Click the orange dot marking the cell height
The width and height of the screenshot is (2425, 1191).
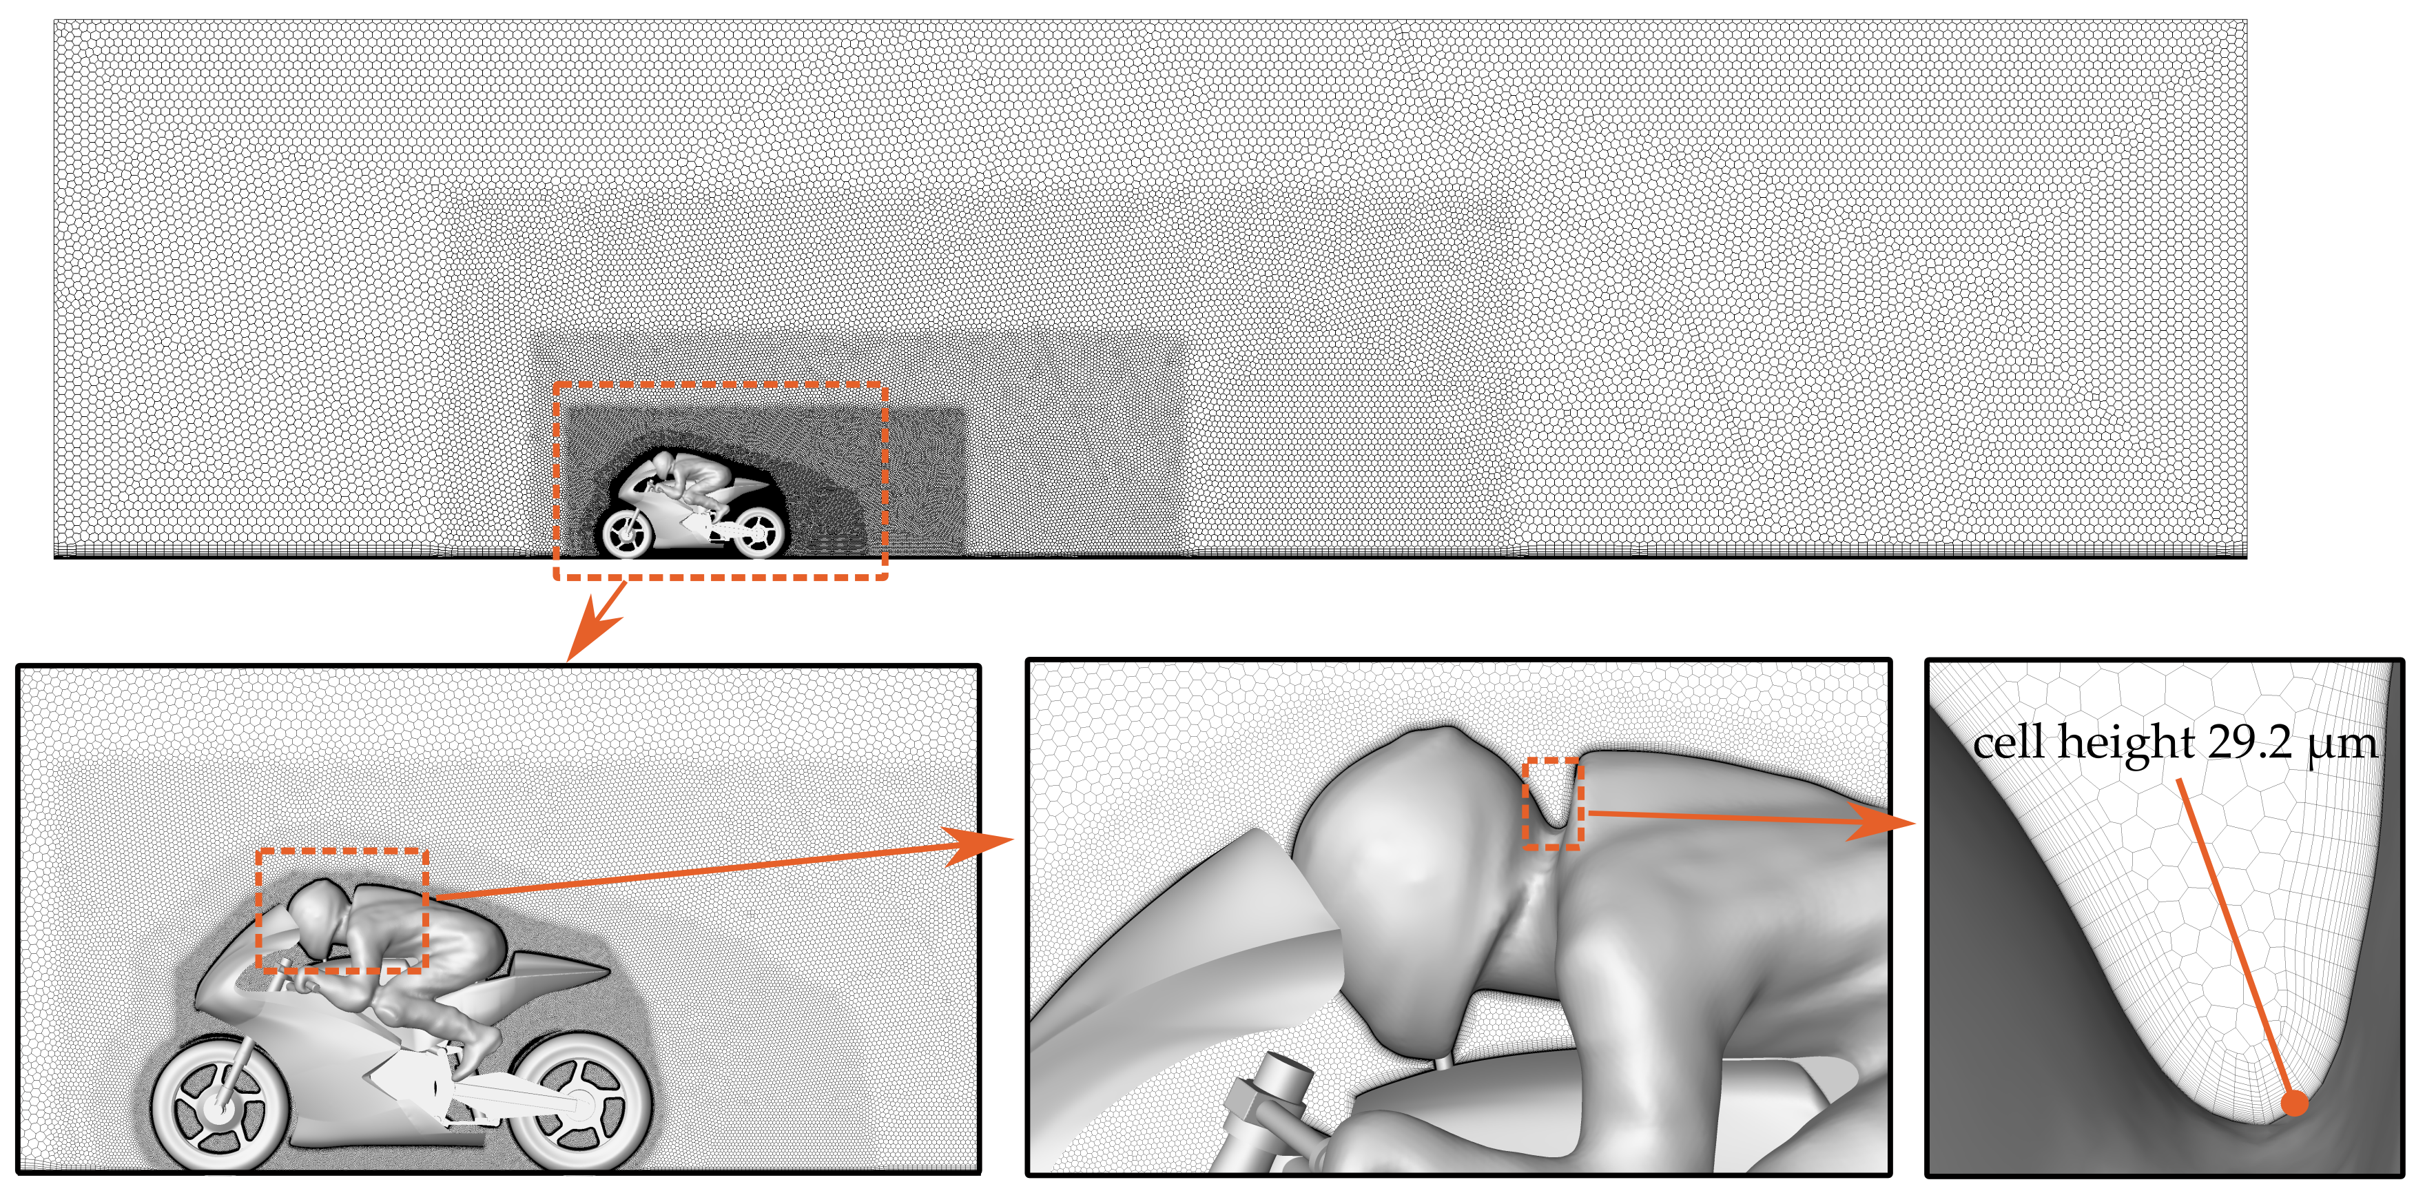(x=2295, y=1103)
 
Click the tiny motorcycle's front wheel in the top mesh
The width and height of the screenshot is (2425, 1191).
(x=627, y=533)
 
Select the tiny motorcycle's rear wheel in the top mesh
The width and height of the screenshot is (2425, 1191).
(x=757, y=532)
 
